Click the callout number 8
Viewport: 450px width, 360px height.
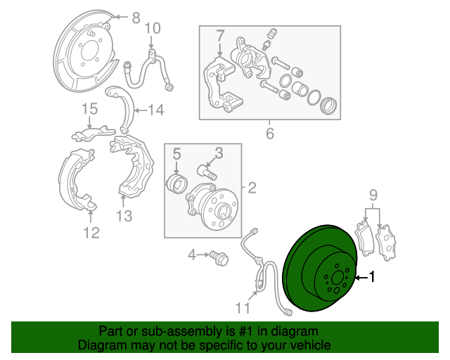pos(136,18)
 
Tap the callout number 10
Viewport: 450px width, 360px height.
pos(153,28)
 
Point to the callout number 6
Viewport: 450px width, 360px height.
pos(269,134)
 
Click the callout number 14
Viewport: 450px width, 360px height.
pos(155,110)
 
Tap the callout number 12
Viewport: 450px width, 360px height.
pos(92,232)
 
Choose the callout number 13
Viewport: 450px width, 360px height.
pos(124,216)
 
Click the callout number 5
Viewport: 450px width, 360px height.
pos(177,153)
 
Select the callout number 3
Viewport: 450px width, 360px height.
pos(219,153)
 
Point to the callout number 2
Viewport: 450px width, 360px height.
pos(252,188)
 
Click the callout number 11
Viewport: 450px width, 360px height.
pos(242,307)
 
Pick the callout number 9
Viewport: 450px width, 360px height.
pos(374,194)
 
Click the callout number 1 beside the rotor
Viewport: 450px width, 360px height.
pos(373,278)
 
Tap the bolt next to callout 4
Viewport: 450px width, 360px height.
pos(217,257)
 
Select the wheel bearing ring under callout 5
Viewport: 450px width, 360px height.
pos(179,185)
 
